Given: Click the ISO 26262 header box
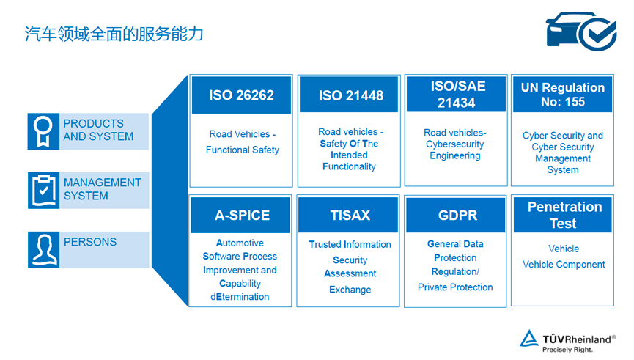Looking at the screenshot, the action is tap(241, 95).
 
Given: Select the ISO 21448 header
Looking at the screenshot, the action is tap(349, 95).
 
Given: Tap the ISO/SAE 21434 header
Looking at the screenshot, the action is tap(456, 94).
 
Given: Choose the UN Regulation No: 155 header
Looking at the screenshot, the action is tap(562, 95).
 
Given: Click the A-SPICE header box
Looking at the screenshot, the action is tap(240, 215).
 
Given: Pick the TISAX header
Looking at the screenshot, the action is tap(348, 215).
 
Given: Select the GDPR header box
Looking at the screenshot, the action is tap(456, 215).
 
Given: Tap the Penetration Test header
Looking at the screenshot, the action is tap(563, 215).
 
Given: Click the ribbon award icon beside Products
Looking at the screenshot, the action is tap(43, 131).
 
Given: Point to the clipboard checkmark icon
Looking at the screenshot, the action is tap(44, 191).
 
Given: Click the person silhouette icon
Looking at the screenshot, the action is tap(44, 250).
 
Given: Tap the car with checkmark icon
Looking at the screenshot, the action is tap(581, 31).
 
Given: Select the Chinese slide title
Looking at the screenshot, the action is tap(114, 34).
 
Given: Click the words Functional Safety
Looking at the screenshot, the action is tap(243, 150).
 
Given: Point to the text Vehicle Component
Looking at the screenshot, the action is tap(564, 265).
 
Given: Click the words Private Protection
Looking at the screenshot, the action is tap(455, 287).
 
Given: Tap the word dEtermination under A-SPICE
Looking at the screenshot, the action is tap(240, 297).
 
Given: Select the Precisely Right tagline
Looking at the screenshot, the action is tap(567, 350).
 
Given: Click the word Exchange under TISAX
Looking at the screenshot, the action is tap(350, 290).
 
